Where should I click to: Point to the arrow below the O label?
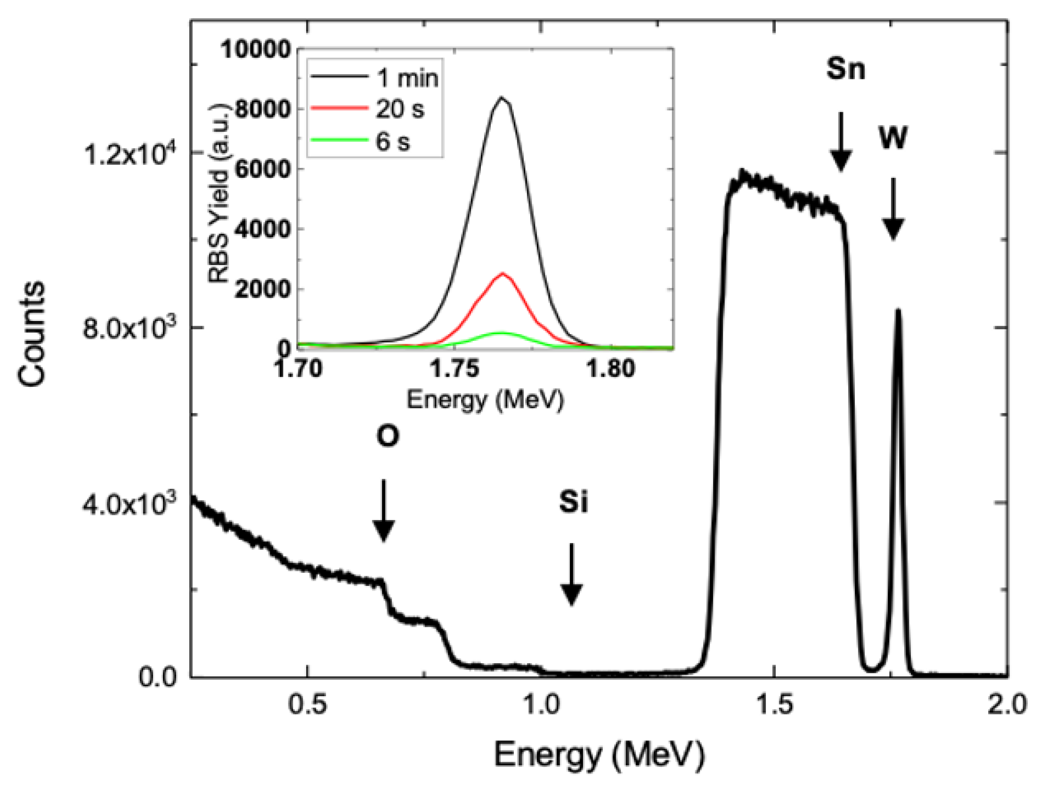[384, 510]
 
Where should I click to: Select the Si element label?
[573, 501]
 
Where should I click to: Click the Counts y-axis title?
[32, 334]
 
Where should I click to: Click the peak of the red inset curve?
[502, 273]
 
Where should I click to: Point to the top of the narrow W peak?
[898, 310]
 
